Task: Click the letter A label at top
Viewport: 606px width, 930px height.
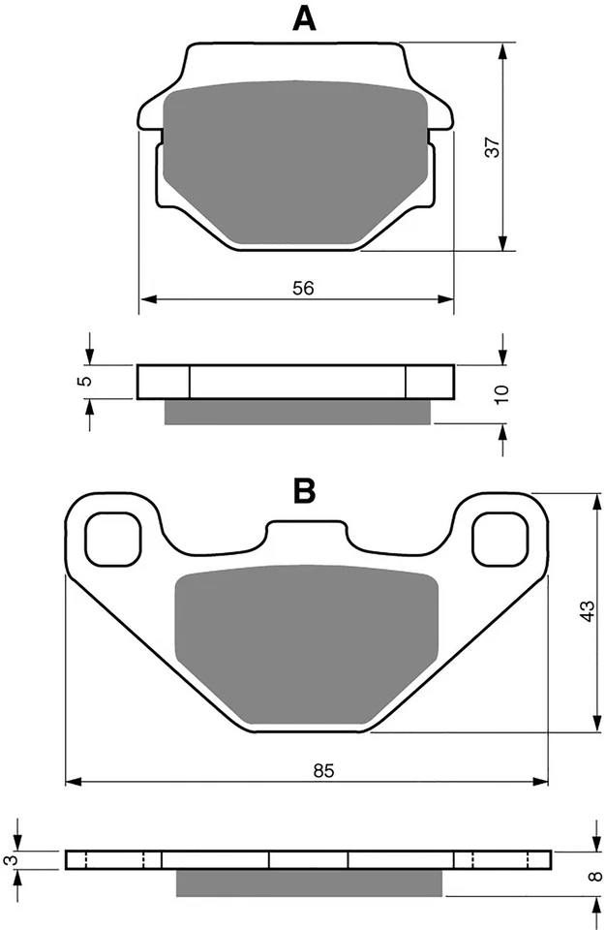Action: click(306, 18)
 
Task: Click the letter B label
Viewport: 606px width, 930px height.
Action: click(305, 491)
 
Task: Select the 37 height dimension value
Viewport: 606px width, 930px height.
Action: click(492, 147)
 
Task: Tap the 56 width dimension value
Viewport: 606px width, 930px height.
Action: click(304, 288)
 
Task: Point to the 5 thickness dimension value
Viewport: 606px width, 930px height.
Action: click(86, 382)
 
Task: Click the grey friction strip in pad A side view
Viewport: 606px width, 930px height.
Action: click(296, 412)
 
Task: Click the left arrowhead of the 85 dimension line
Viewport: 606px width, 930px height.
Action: click(71, 780)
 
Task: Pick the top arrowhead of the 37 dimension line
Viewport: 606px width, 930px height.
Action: click(502, 48)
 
